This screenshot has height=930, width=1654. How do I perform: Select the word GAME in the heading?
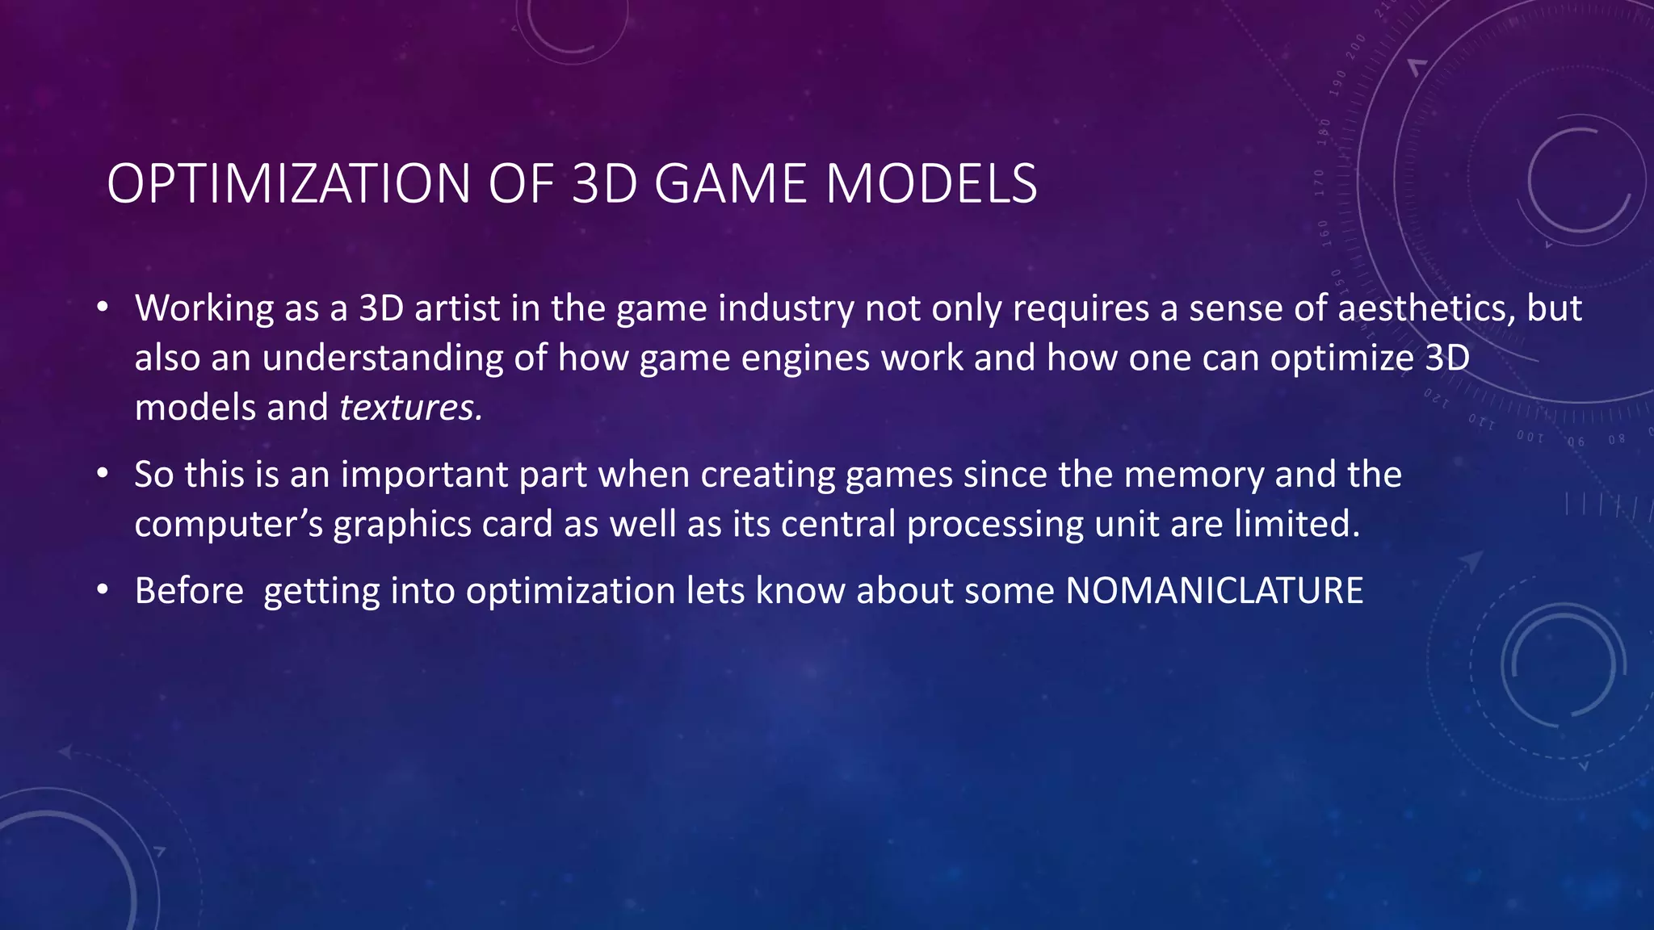730,184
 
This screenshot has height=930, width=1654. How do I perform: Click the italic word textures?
410,408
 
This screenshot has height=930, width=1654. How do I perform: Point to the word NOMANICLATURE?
1214,591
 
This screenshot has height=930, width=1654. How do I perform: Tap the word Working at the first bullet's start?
204,308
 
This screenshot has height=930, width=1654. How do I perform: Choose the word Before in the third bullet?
189,591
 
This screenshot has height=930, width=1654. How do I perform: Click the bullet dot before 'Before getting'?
102,590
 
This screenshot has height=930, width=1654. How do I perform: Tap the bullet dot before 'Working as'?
102,308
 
